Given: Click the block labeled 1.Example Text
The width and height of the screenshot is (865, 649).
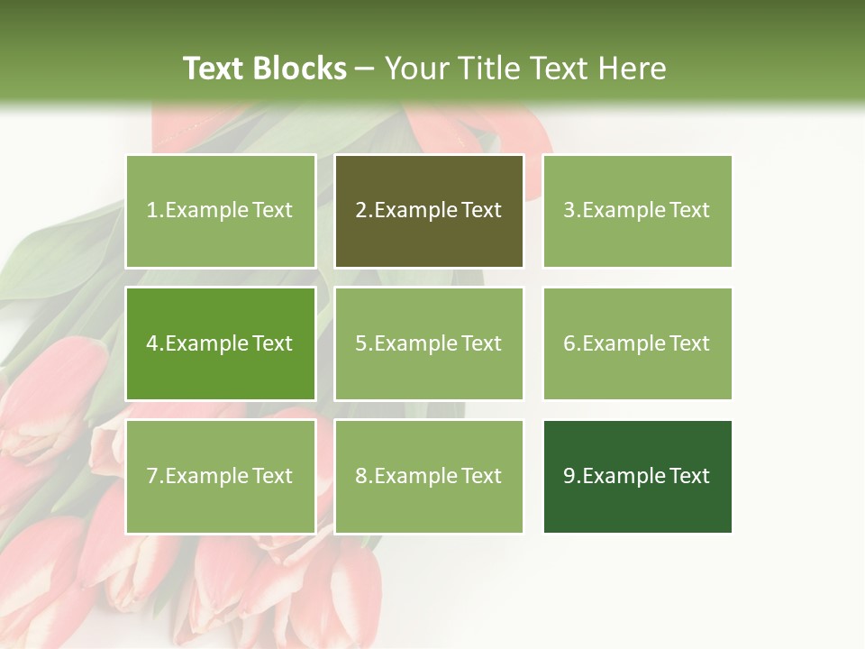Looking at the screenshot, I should (x=220, y=211).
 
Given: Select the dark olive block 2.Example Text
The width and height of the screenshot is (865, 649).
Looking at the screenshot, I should (x=429, y=211).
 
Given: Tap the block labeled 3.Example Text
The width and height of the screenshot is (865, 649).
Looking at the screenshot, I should (x=637, y=211).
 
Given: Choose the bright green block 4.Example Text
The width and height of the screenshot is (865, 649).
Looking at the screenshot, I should (x=220, y=343).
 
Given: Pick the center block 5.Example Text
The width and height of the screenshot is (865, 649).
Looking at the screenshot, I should (x=429, y=343).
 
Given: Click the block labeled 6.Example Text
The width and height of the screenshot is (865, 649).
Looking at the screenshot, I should (x=637, y=343).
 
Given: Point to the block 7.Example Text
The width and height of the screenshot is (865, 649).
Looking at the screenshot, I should (x=220, y=476).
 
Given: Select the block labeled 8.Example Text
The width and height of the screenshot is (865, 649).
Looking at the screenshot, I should (x=429, y=476).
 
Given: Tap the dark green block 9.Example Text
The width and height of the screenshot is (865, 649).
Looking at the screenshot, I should (x=637, y=476).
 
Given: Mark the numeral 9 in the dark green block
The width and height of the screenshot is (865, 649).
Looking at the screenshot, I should (x=569, y=477).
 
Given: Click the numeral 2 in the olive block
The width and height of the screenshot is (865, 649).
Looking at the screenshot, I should (x=361, y=211).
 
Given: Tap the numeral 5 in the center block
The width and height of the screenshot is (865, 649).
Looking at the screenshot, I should (x=361, y=343).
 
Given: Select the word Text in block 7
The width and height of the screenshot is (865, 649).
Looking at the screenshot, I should (x=273, y=476).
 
